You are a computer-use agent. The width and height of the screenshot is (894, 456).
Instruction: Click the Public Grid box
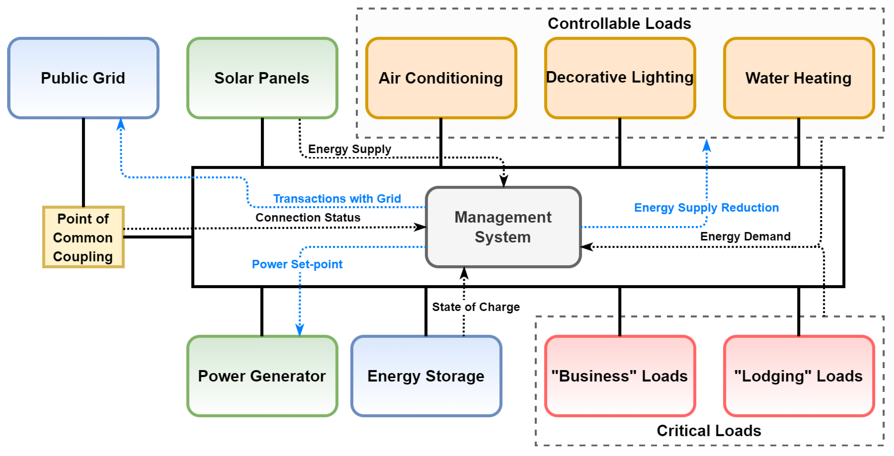[83, 78]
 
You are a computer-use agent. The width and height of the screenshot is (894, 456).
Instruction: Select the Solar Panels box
[262, 78]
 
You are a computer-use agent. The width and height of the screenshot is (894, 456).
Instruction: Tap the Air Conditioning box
[441, 78]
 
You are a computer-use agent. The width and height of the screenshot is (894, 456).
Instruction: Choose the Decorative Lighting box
[620, 78]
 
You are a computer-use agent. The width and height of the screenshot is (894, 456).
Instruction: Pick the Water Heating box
[798, 78]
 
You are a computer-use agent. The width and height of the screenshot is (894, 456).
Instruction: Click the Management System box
[503, 227]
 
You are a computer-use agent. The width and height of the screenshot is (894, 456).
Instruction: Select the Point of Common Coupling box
[83, 238]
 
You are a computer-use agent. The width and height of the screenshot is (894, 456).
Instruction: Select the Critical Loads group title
[709, 431]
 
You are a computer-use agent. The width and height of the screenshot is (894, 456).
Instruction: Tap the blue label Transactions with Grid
[337, 199]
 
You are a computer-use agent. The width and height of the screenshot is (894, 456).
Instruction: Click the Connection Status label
[308, 217]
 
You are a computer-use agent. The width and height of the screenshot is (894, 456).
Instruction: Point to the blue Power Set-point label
[297, 264]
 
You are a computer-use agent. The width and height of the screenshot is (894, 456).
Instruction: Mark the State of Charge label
[476, 307]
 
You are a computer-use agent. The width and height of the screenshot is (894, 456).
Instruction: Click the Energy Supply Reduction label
[706, 207]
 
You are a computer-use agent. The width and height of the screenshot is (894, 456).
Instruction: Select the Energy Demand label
[745, 236]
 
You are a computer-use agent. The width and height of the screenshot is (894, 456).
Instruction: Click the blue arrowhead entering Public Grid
[121, 124]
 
